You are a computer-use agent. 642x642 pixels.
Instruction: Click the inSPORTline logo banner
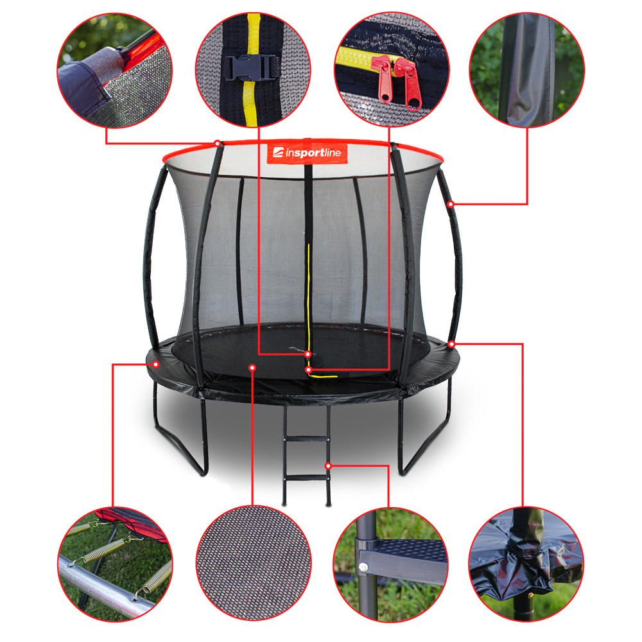point(307,153)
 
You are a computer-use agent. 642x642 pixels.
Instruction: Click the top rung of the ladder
point(307,440)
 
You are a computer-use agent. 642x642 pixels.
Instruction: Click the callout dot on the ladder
point(328,466)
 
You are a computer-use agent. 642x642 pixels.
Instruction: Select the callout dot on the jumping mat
point(252,368)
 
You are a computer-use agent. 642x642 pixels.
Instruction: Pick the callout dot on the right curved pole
point(451,204)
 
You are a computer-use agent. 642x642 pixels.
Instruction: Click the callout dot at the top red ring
point(218,143)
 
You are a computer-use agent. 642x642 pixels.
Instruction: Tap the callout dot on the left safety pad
point(155,364)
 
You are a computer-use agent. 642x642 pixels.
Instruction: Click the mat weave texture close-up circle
point(254,564)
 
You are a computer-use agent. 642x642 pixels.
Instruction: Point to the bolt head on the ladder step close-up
point(362,567)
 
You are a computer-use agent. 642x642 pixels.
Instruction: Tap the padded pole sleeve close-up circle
point(527,69)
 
